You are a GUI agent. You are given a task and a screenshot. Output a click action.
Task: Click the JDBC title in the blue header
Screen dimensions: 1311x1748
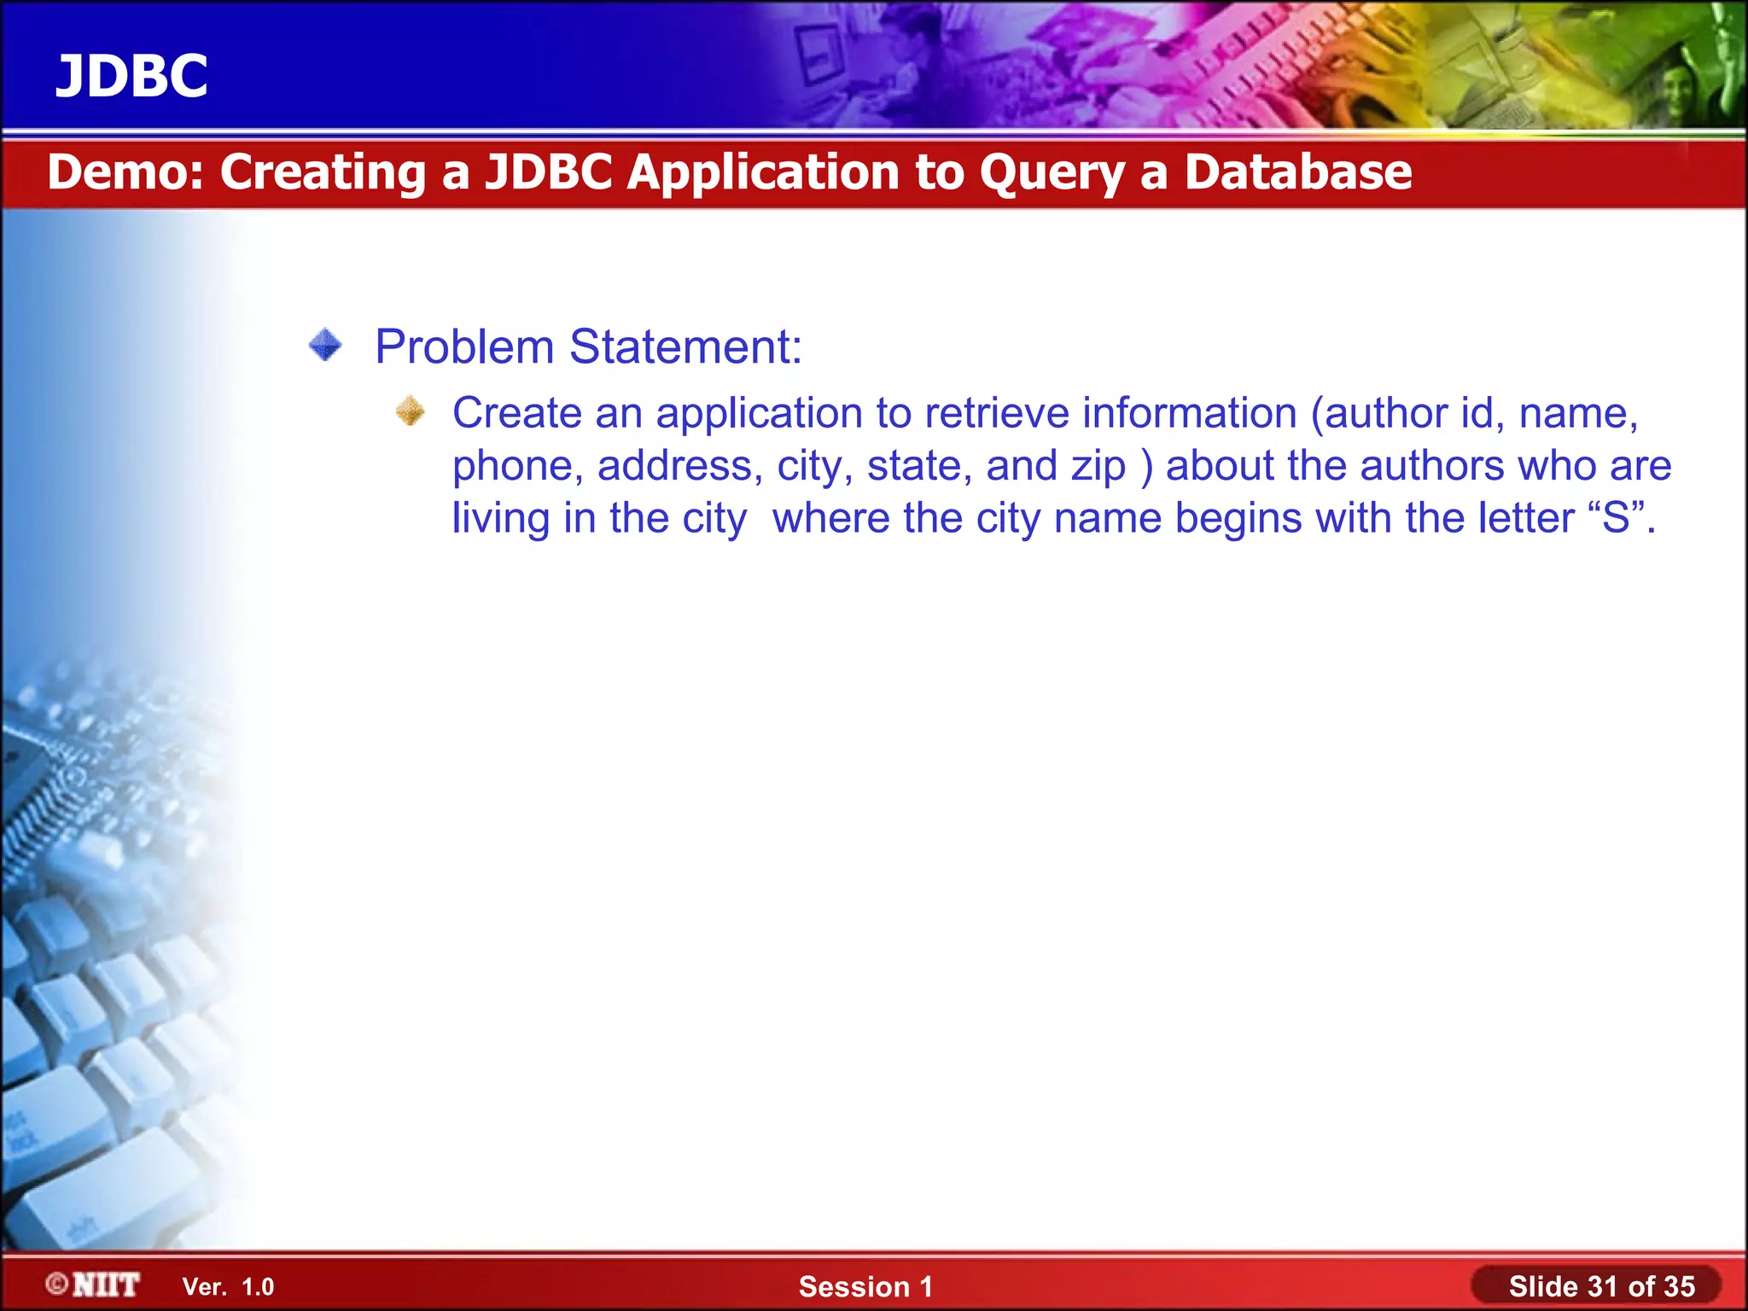(131, 76)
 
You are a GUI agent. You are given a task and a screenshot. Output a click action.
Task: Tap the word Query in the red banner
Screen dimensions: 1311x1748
(1052, 173)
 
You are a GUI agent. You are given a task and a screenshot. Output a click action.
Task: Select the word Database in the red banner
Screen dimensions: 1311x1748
(1297, 172)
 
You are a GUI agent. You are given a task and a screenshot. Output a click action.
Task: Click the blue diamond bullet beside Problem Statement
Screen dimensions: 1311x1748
(325, 346)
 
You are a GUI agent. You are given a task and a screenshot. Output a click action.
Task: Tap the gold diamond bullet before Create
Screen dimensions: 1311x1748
(411, 411)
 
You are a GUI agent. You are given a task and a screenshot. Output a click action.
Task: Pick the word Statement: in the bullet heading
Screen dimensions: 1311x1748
(685, 347)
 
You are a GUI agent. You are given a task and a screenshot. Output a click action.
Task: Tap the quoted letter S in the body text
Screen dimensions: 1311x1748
(1617, 518)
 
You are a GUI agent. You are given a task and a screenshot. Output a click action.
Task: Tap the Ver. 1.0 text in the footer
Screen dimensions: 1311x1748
(228, 1287)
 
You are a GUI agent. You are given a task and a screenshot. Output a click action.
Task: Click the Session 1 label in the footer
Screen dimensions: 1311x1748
(865, 1286)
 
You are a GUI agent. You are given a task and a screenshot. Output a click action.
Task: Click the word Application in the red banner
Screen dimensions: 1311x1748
(764, 173)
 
